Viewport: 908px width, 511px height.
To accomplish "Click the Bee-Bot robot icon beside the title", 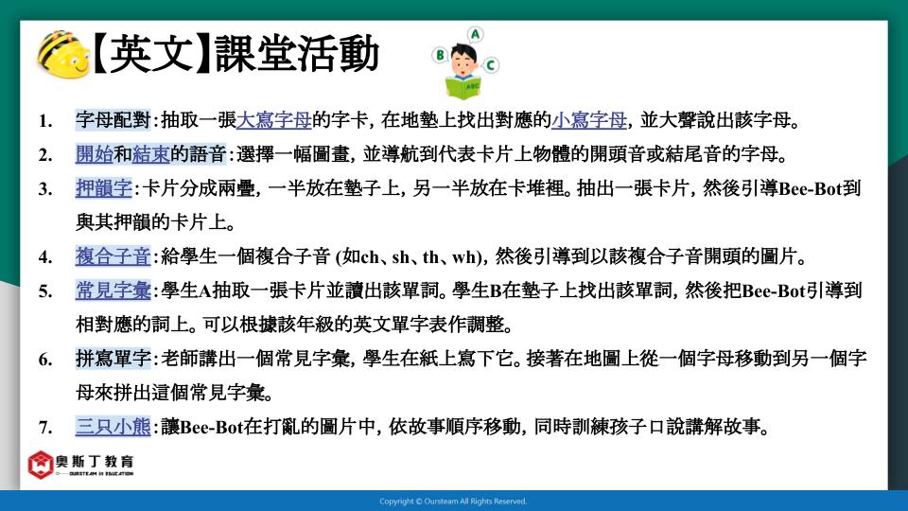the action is [63, 54].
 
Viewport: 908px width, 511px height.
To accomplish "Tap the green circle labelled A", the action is [476, 35].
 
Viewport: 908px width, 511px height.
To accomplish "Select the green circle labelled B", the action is [440, 55].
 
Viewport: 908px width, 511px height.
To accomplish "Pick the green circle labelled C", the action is [491, 65].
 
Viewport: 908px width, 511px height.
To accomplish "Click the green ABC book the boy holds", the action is [463, 87].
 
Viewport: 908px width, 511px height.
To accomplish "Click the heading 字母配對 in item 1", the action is [113, 120].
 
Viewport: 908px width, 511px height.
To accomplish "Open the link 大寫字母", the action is [274, 120].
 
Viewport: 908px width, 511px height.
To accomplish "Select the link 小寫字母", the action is [589, 120].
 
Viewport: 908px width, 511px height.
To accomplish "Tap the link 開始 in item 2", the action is [95, 154].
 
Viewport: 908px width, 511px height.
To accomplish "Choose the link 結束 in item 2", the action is [151, 154].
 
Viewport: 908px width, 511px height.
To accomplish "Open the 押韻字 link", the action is [104, 188].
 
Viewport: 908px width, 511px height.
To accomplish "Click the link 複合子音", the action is [113, 256].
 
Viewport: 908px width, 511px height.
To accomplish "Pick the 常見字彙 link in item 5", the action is [113, 291].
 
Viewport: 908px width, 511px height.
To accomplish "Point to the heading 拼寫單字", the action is [113, 359].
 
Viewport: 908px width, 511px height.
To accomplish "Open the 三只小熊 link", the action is [113, 427].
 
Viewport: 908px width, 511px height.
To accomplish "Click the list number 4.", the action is [45, 257].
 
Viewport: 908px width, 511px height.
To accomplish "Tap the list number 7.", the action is [45, 428].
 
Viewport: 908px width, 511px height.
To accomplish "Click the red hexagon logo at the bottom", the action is [41, 465].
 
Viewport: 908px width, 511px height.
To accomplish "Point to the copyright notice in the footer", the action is [453, 502].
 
